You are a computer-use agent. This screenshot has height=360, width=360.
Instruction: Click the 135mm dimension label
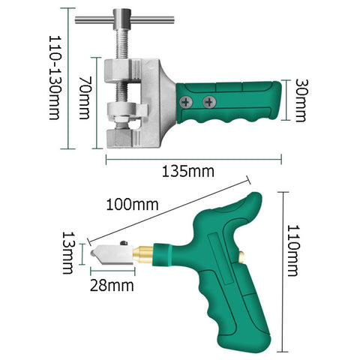188,172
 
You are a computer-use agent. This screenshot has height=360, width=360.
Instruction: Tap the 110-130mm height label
55,78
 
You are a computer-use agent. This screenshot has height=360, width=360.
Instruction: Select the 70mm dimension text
85,97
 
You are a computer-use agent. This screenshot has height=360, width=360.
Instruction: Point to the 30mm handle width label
301,100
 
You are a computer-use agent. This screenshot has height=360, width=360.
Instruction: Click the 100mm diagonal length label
132,205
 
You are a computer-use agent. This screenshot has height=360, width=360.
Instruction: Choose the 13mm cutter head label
67,253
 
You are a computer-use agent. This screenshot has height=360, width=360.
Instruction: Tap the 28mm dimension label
112,286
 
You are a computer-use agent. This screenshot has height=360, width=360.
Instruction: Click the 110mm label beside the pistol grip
292,250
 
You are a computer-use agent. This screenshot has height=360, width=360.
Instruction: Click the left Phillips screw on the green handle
186,102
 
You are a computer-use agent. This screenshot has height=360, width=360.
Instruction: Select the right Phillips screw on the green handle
209,102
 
